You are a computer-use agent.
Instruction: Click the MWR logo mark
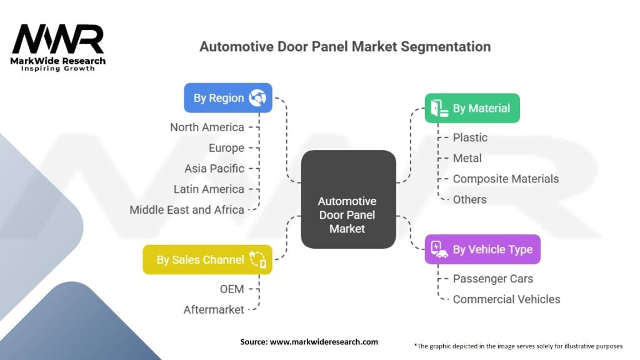(58, 39)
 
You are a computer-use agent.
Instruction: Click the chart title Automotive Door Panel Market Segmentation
(345, 46)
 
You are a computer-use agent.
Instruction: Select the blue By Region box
(227, 98)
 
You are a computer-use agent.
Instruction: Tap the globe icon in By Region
(257, 98)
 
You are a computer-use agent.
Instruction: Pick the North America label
(207, 127)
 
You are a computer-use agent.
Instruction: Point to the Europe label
(226, 147)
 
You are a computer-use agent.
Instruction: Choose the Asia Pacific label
(214, 169)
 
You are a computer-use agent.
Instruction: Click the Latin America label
(209, 189)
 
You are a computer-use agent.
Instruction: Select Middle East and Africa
(186, 210)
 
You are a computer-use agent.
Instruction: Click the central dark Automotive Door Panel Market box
(348, 199)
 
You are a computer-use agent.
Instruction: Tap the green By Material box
(472, 108)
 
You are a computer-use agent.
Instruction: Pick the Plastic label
(470, 137)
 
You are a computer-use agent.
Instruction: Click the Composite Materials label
(506, 179)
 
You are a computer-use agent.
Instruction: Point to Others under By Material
(470, 199)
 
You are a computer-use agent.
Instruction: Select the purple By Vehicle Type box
(482, 249)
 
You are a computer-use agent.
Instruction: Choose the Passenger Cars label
(493, 279)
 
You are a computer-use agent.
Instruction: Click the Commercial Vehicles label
(506, 299)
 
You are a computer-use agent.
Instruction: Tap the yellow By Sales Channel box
(207, 259)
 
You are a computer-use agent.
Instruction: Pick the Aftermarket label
(214, 310)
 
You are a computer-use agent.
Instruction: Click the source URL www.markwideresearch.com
(324, 342)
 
